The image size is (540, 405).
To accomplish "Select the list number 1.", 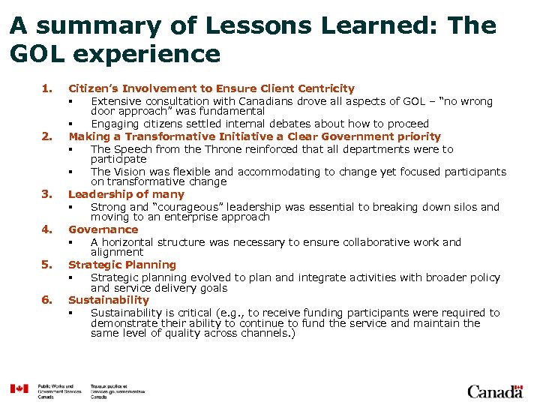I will tap(46, 88).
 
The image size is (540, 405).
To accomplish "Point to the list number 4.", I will tap(46, 229).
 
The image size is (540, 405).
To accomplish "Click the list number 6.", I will tap(46, 300).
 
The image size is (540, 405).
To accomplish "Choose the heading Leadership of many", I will tap(126, 194).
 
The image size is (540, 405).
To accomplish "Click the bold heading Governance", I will tap(103, 229).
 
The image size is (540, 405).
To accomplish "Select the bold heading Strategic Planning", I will tap(122, 265).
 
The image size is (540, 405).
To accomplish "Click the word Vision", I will tap(129, 172).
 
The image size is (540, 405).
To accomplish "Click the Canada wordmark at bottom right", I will tap(494, 391).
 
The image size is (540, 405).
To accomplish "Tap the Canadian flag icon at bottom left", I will tap(19, 389).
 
